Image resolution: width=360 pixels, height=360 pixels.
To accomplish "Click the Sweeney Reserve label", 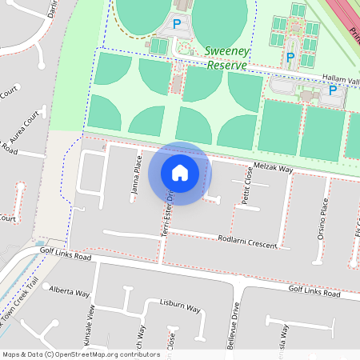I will (227, 57).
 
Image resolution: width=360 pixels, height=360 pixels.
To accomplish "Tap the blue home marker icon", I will (180, 173).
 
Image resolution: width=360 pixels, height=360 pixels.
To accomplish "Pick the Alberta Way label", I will (69, 290).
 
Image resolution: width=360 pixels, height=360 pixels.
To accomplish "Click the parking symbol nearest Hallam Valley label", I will (332, 90).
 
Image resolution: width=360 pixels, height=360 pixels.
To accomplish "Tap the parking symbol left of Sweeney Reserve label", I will (177, 26).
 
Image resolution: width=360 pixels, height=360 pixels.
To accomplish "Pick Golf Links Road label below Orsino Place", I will (314, 294).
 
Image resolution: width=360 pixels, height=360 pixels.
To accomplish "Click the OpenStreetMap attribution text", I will (81, 354).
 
